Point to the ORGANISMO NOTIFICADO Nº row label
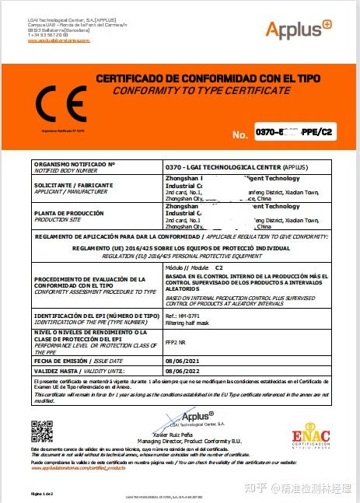click(x=74, y=166)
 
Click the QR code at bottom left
click(x=41, y=429)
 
